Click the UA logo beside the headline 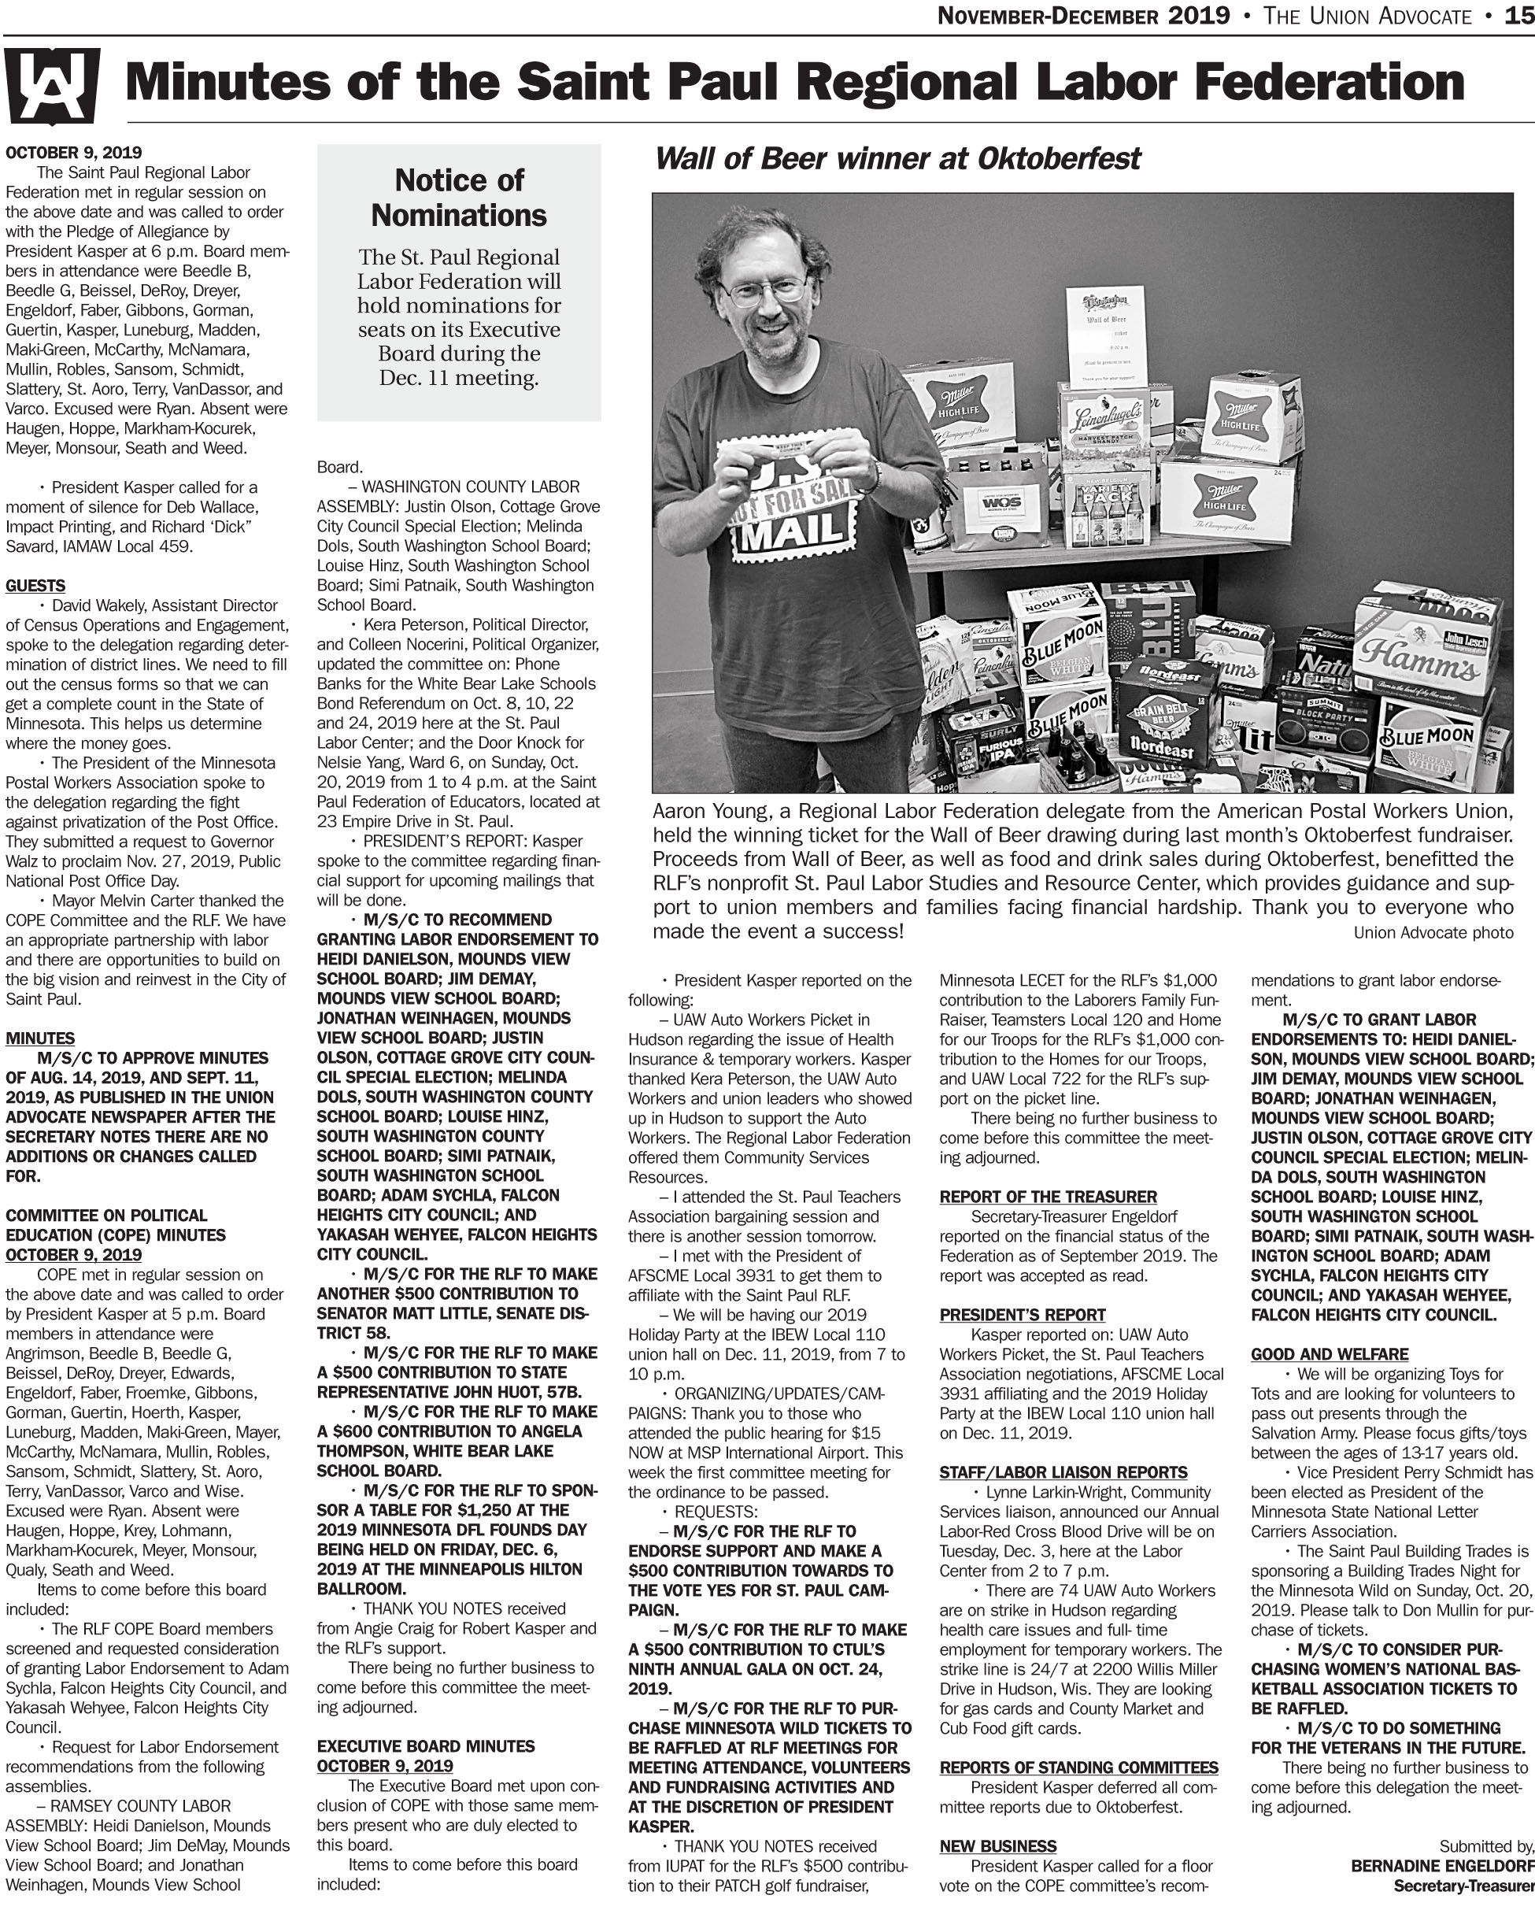pyautogui.click(x=50, y=86)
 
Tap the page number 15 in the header pyautogui.click(x=1519, y=16)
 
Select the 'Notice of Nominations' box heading pyautogui.click(x=459, y=198)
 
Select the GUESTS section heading pyautogui.click(x=35, y=586)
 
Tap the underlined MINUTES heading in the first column pyautogui.click(x=40, y=1038)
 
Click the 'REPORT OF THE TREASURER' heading pyautogui.click(x=1048, y=1197)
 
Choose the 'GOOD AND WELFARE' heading pyautogui.click(x=1329, y=1353)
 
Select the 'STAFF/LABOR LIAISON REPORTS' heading pyautogui.click(x=1063, y=1472)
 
